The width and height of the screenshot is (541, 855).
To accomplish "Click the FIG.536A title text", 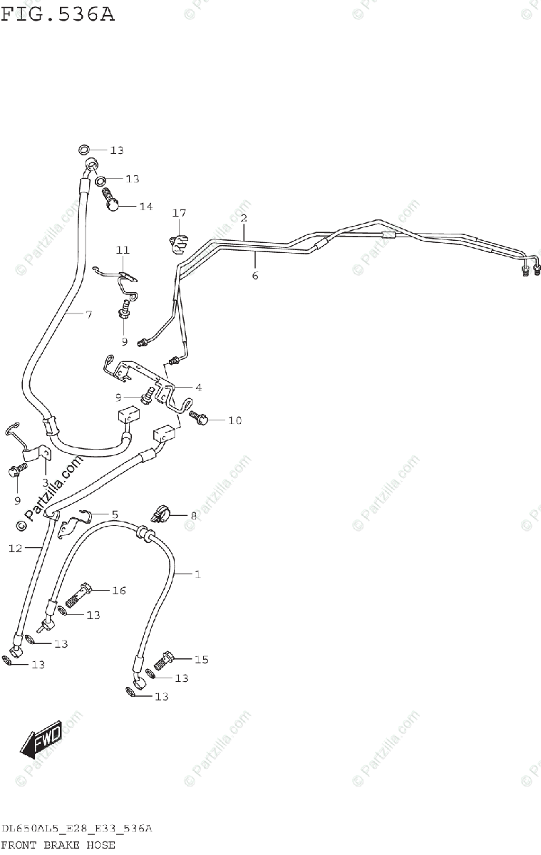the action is pos(57,14).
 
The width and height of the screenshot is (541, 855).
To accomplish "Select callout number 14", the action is pos(145,207).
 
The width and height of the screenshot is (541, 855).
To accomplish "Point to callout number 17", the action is pos(178,213).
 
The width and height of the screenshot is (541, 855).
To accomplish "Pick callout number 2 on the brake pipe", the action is pos(244,217).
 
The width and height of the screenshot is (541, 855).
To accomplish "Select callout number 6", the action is pos(254,275).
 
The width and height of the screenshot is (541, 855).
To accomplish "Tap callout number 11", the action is pos(123,250).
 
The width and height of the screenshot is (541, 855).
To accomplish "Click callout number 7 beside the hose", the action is pos(88,313).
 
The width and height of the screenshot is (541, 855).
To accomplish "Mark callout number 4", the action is pos(198,388).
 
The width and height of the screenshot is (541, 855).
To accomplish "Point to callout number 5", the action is pos(114,513).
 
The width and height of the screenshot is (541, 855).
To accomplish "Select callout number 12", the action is pos(16,548).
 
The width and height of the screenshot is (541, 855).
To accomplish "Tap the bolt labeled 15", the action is pos(167,659).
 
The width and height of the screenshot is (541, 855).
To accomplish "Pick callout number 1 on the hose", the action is pos(197,574).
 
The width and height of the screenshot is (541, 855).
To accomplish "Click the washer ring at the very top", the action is pos(84,150).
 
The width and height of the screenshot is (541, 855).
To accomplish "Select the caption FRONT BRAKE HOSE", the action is pos(58,845).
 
